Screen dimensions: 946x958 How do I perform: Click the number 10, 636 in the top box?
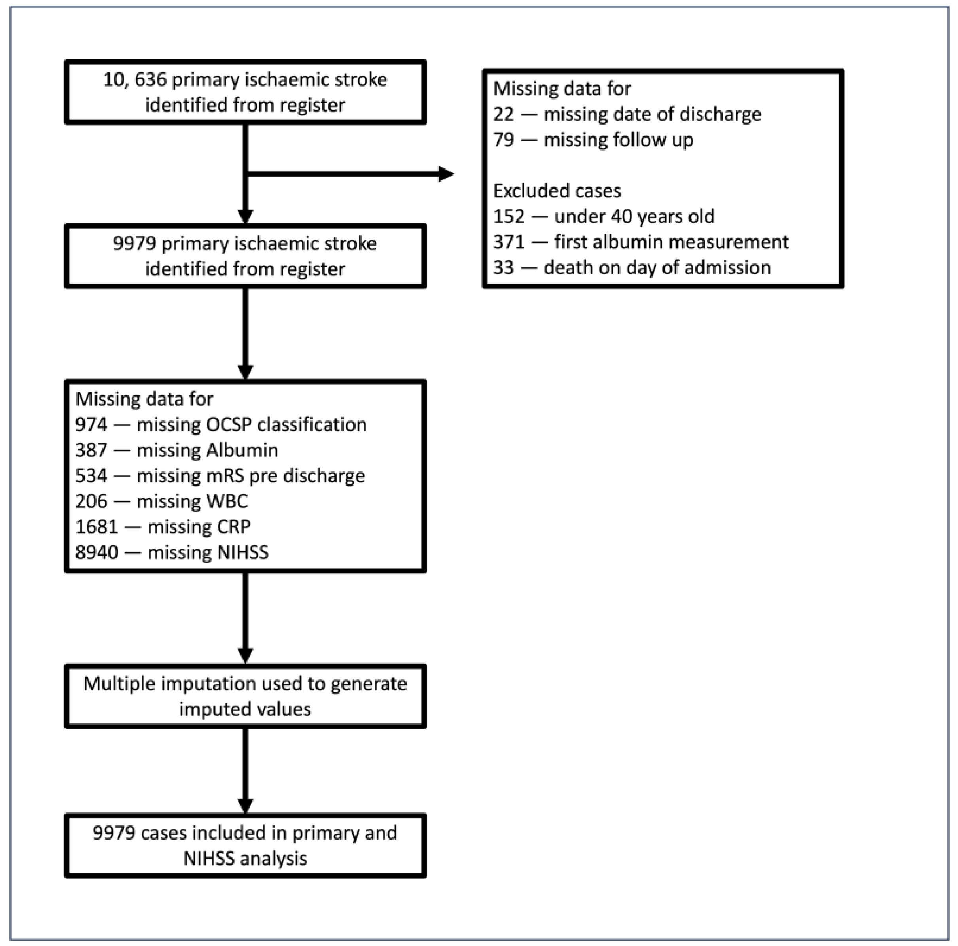[134, 80]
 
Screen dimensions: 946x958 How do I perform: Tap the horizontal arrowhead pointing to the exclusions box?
[446, 174]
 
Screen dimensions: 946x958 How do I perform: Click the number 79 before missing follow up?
[503, 140]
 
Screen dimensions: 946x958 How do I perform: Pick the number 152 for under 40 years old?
[509, 217]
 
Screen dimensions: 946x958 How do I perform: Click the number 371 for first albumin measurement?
[509, 242]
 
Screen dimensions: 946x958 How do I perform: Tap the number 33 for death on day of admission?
[503, 268]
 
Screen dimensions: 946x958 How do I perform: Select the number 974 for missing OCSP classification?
[91, 425]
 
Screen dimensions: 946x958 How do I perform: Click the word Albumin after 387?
[242, 450]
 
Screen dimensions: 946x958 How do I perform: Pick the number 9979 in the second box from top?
[134, 244]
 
